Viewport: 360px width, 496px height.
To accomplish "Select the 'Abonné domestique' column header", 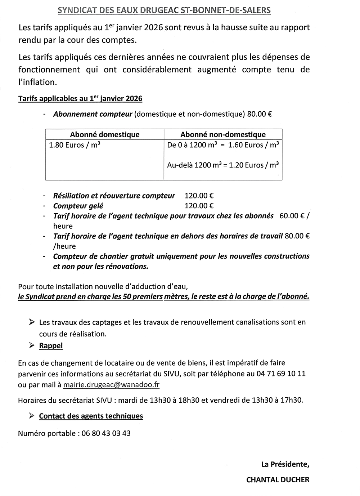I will [x=105, y=134].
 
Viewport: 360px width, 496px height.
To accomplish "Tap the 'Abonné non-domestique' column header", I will [x=223, y=134].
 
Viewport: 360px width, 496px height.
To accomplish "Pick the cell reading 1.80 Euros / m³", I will [x=75, y=145].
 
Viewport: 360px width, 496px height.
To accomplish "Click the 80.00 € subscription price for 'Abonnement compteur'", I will [x=259, y=114].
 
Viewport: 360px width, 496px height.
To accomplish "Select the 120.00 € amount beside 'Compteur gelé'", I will [x=199, y=206].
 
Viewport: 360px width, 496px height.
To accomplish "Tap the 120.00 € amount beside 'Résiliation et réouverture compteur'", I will [x=199, y=196].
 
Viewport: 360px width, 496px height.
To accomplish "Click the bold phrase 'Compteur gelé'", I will [x=78, y=206].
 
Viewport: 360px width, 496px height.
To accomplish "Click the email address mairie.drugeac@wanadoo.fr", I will [x=111, y=384].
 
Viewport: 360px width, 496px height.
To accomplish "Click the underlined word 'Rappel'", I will [x=51, y=346].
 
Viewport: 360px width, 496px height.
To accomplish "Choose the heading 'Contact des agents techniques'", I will [x=91, y=416].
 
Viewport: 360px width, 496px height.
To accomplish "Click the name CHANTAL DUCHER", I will [x=278, y=479].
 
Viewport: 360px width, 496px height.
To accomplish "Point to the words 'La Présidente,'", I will [x=285, y=464].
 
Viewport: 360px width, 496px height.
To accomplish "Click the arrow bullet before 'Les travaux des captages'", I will [x=32, y=322].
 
